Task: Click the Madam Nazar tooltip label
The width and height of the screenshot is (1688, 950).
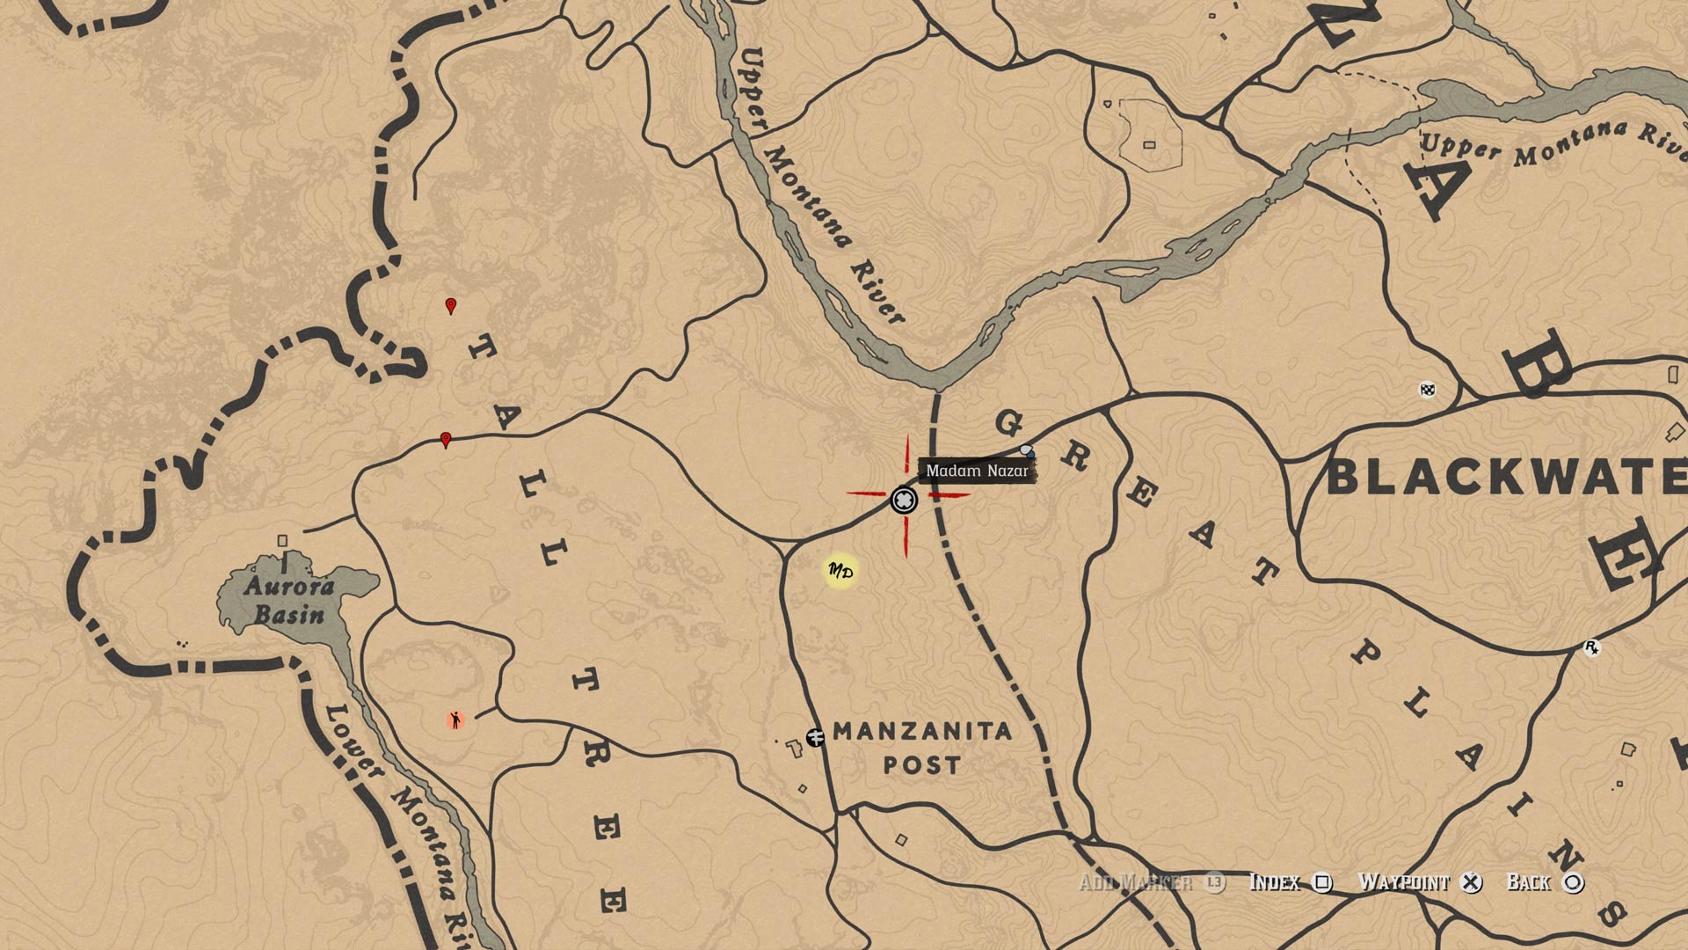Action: (x=977, y=471)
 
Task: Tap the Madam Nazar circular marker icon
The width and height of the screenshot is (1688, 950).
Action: (x=904, y=501)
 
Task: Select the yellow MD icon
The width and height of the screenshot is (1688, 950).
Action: (x=840, y=572)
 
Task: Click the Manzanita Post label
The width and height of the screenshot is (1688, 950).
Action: (x=921, y=747)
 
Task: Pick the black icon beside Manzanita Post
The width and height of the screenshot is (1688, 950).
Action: (x=815, y=737)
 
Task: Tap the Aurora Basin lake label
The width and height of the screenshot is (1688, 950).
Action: (x=289, y=600)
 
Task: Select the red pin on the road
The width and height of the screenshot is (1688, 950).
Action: (x=446, y=440)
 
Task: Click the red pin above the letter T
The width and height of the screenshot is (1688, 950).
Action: (x=451, y=306)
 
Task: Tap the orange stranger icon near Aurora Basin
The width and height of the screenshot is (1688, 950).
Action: (x=455, y=720)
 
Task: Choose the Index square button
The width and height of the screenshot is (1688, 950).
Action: (x=1322, y=882)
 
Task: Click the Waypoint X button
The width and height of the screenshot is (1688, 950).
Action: (x=1471, y=882)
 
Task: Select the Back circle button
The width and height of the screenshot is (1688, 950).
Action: (x=1574, y=882)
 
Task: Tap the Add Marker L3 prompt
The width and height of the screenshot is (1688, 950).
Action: (x=1213, y=882)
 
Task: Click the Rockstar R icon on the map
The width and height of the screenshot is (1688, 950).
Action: (x=1591, y=648)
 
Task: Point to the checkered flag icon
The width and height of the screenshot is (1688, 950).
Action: (x=1428, y=389)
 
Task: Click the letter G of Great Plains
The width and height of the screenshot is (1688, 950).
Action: (x=1008, y=424)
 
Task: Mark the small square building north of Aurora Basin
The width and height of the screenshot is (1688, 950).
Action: (x=282, y=541)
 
